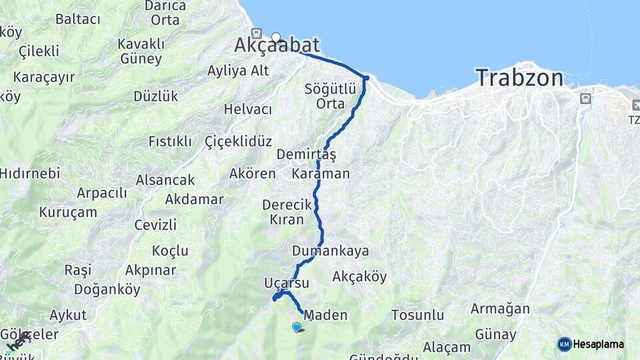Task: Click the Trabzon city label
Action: (519, 78)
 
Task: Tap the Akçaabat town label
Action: (277, 45)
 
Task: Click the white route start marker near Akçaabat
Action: (276, 37)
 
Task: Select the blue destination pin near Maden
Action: (297, 326)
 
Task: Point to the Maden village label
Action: (325, 315)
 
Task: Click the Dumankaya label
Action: (330, 251)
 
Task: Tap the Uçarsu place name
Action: (287, 283)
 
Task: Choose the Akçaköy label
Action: (359, 276)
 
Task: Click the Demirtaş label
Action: (315, 155)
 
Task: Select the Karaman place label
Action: (321, 174)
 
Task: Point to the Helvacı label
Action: (248, 109)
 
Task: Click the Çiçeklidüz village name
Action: (239, 141)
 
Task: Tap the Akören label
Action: (252, 174)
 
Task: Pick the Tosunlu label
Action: (417, 315)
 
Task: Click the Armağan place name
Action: (500, 309)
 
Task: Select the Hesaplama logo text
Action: (599, 344)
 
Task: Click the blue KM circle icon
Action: (564, 344)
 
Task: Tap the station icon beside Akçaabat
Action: (257, 33)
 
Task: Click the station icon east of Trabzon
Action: (585, 98)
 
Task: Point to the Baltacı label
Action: (77, 19)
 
